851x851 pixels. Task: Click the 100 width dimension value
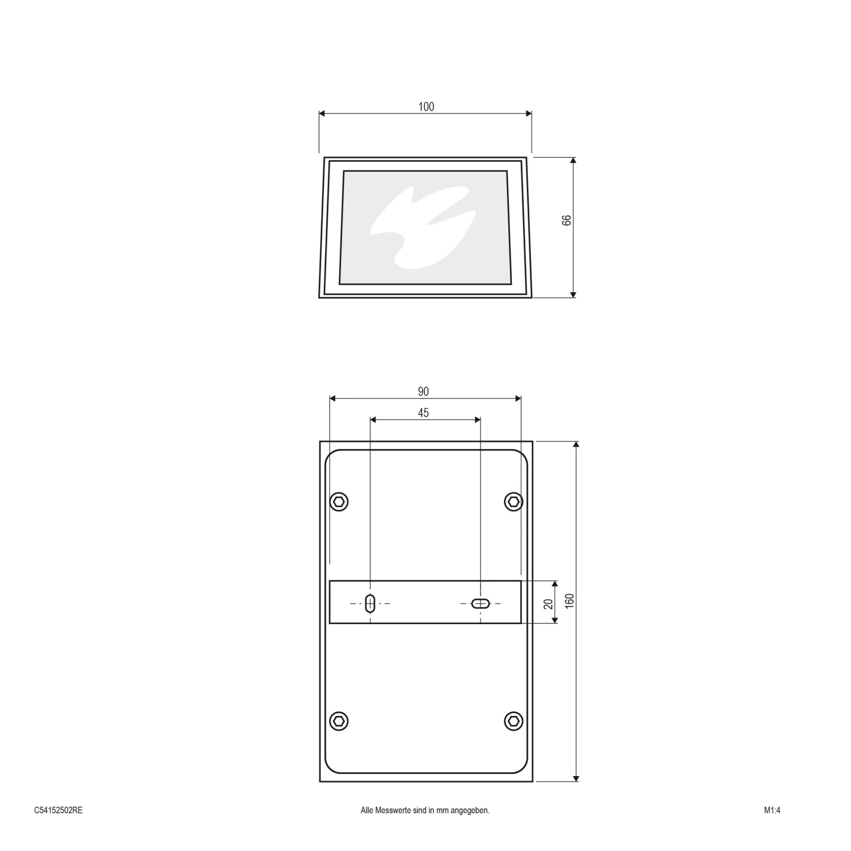pos(426,107)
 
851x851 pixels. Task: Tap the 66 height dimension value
pos(567,220)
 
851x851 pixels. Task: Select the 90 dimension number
pos(423,391)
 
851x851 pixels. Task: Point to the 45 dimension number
pos(423,413)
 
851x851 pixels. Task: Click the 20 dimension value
pos(549,604)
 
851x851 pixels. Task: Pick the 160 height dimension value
pos(570,601)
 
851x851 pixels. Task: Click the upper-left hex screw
pos(339,502)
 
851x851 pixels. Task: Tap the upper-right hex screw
pos(513,502)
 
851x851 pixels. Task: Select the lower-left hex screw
pos(339,721)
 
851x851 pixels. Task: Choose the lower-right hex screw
pos(513,721)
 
